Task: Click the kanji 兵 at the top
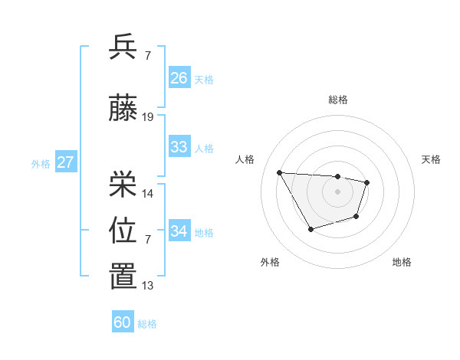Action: click(x=123, y=47)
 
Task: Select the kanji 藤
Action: click(x=123, y=109)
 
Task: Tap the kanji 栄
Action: click(x=123, y=184)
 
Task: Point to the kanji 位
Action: click(x=123, y=231)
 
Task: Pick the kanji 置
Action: click(x=123, y=277)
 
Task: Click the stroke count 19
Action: click(x=148, y=117)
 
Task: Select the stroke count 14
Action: click(x=148, y=193)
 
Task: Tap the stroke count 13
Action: click(x=148, y=286)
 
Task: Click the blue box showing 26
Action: click(x=179, y=78)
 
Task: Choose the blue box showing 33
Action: click(x=179, y=147)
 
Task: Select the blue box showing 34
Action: click(x=179, y=231)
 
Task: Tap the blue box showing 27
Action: click(x=65, y=162)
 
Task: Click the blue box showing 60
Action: click(x=123, y=322)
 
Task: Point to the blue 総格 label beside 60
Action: click(x=147, y=324)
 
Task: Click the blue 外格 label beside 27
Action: click(x=41, y=164)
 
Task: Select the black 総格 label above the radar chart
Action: click(x=337, y=100)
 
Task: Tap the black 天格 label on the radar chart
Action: click(x=431, y=159)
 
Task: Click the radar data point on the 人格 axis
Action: click(x=280, y=172)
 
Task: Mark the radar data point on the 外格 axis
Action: click(x=310, y=229)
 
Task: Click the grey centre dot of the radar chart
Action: click(x=337, y=191)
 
